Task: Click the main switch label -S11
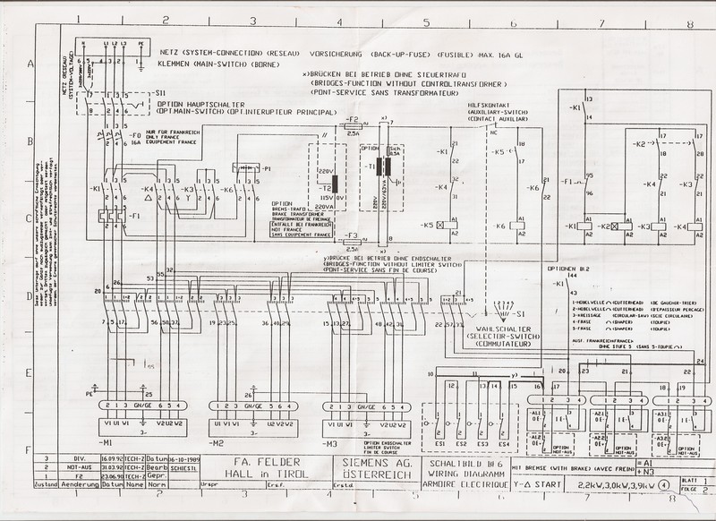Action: click(158, 93)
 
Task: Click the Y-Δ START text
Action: click(540, 484)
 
